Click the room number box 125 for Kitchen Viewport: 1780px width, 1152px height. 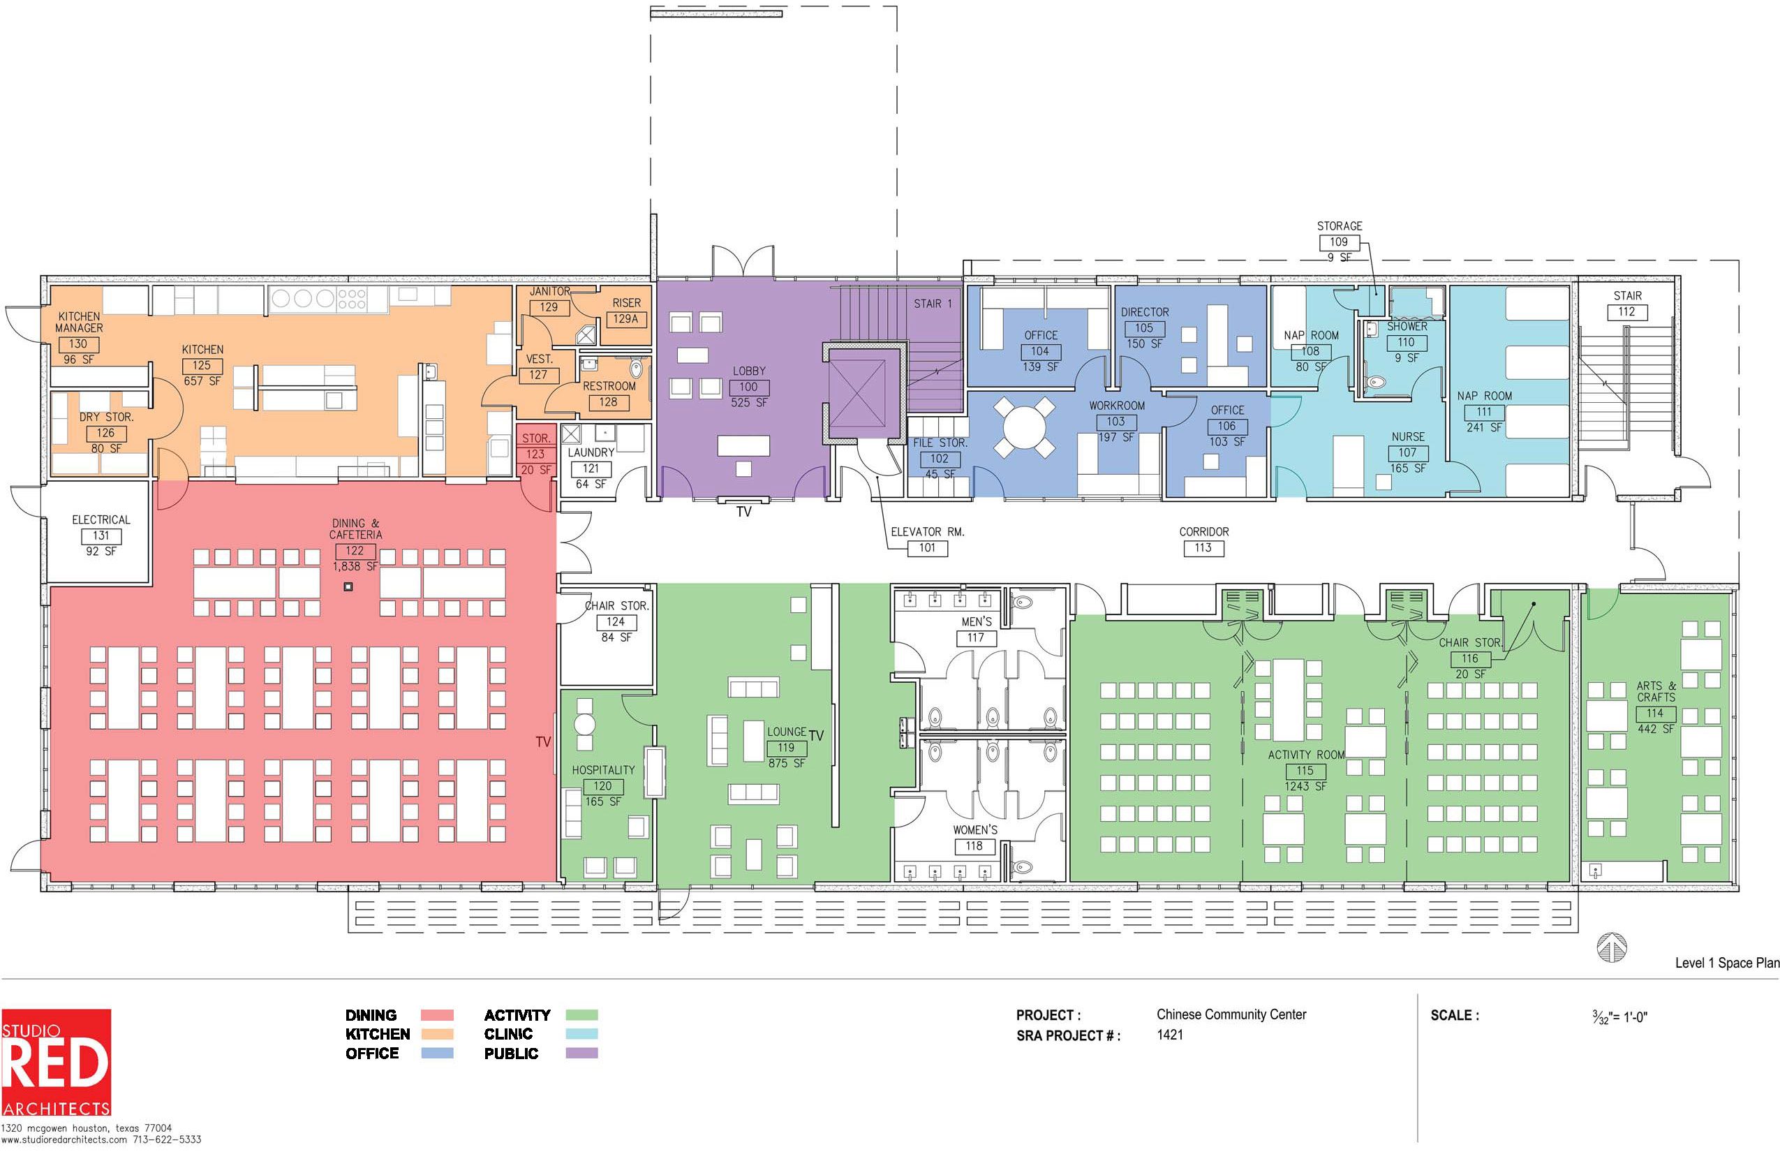(x=202, y=366)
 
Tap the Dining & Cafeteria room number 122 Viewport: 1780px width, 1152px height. (x=355, y=551)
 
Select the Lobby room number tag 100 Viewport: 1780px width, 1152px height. (x=748, y=387)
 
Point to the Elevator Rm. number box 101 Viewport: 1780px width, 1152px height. (x=928, y=547)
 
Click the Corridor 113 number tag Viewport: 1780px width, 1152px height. (x=1203, y=547)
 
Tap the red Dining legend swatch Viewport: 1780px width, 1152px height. (x=437, y=1015)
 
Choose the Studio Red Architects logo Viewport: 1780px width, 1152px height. (x=56, y=1063)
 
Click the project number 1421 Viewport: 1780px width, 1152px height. (x=1170, y=1035)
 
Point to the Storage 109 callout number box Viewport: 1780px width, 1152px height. (x=1339, y=242)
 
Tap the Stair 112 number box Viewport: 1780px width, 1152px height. (x=1626, y=312)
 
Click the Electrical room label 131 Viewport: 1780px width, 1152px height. (x=101, y=536)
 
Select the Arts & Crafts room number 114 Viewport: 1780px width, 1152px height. (x=1655, y=714)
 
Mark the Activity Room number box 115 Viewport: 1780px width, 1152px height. (x=1305, y=771)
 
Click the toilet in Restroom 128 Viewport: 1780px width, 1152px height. (x=637, y=368)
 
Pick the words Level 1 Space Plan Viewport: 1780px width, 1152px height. (x=1727, y=963)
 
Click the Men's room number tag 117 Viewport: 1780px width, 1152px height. (x=976, y=638)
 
